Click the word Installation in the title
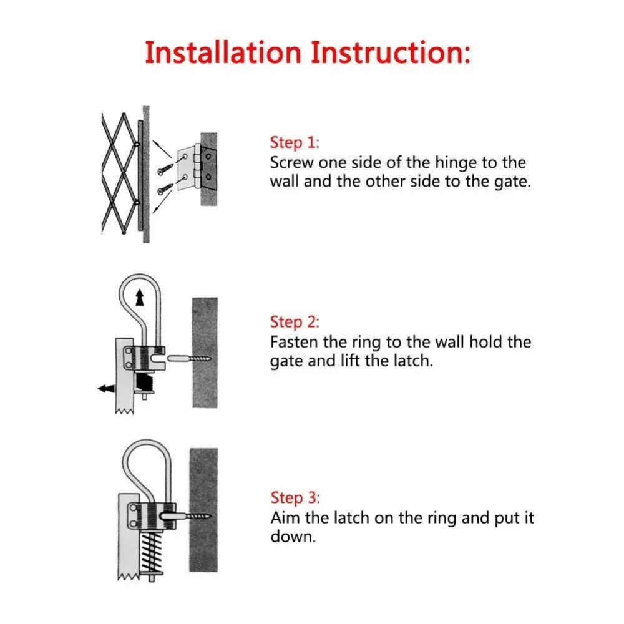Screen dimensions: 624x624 (223, 52)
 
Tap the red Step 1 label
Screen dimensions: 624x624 (295, 142)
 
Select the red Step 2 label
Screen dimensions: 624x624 (295, 322)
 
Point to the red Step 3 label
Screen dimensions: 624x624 (295, 498)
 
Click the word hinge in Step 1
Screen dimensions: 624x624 (456, 163)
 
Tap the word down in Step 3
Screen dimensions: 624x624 (293, 537)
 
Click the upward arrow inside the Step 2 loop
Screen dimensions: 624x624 (140, 297)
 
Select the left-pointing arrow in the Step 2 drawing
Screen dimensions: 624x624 (106, 388)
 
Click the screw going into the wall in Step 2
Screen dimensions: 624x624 (190, 359)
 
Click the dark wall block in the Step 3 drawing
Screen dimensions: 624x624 (203, 510)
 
